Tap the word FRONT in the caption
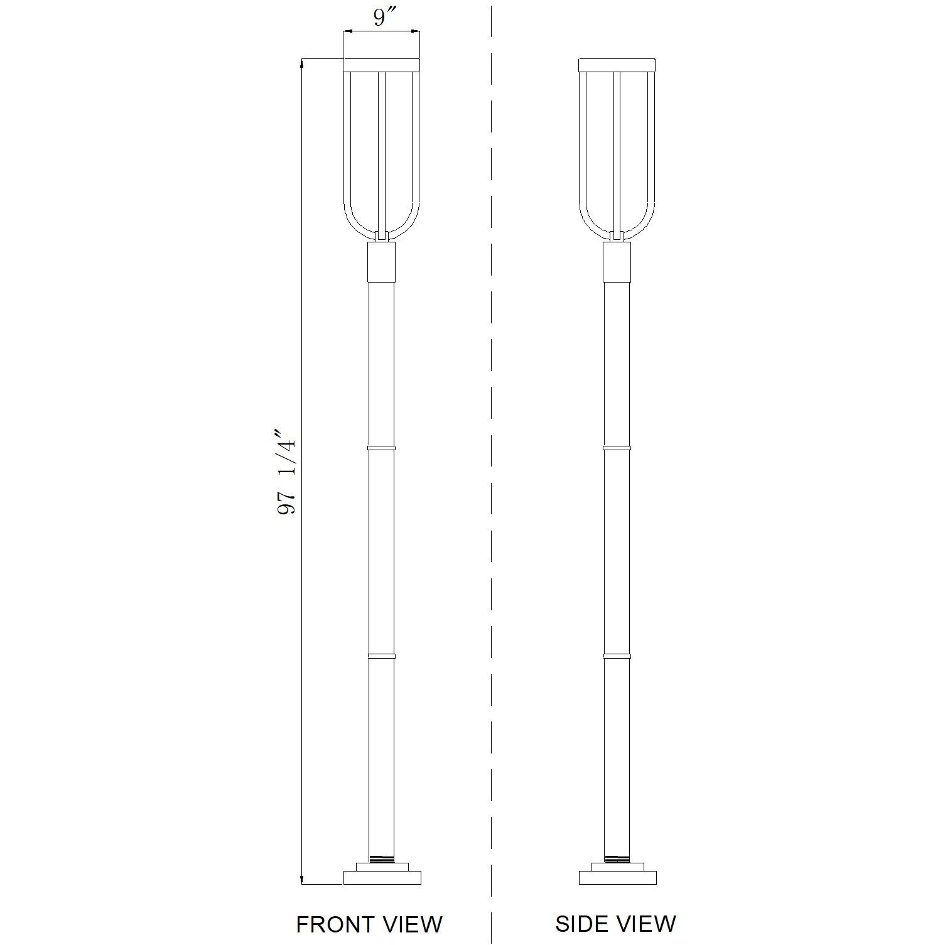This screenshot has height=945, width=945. pyautogui.click(x=332, y=924)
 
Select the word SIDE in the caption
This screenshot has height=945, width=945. pyautogui.click(x=581, y=923)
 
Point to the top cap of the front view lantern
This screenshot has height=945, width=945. pyautogui.click(x=381, y=65)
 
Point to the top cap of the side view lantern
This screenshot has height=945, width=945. pyautogui.click(x=617, y=65)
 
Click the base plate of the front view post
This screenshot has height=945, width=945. pyautogui.click(x=382, y=877)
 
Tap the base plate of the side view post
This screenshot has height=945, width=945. pyautogui.click(x=617, y=877)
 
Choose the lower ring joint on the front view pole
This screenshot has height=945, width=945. pyautogui.click(x=381, y=656)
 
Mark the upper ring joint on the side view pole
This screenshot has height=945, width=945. pyautogui.click(x=617, y=448)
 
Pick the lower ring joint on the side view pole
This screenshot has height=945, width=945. pyautogui.click(x=617, y=656)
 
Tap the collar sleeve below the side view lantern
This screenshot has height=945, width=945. pyautogui.click(x=617, y=261)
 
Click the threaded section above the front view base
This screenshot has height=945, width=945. pyautogui.click(x=381, y=858)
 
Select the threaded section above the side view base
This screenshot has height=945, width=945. pyautogui.click(x=617, y=858)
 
